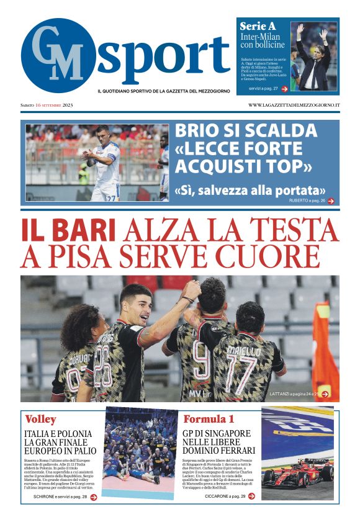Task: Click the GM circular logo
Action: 58,56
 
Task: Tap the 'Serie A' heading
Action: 258,27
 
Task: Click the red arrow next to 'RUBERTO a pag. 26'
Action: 331,201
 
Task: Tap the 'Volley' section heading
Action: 41,419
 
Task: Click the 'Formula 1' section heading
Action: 209,419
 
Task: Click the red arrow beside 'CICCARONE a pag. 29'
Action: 251,496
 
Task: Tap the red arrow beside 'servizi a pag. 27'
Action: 284,89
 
